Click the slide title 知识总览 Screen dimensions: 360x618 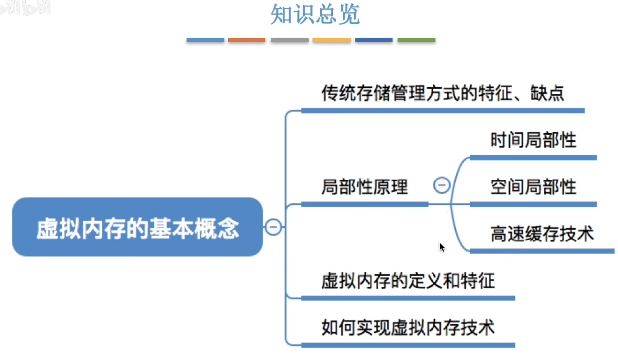coord(315,15)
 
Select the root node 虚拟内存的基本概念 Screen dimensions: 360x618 coord(137,228)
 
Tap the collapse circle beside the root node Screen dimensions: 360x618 coord(273,227)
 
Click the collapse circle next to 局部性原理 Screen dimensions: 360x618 coord(442,185)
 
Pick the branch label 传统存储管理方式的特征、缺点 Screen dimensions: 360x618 coord(443,93)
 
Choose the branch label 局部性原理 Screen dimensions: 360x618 coord(365,187)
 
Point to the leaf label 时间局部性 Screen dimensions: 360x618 coord(533,140)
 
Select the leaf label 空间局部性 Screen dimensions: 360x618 coord(533,187)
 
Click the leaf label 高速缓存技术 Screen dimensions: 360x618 coord(542,234)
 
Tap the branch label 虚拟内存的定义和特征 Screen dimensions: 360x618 coord(408,281)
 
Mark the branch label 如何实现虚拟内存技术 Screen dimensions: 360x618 coord(408,328)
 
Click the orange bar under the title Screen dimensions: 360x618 coord(247,40)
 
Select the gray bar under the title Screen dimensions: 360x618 coord(289,40)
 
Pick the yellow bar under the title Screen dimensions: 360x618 coord(331,40)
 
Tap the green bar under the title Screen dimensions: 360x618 coord(416,40)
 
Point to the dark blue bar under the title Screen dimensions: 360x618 coord(373,40)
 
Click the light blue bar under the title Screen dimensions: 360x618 coord(205,40)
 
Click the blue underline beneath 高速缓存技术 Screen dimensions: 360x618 coord(542,251)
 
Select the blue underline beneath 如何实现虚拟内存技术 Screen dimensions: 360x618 coord(408,345)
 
